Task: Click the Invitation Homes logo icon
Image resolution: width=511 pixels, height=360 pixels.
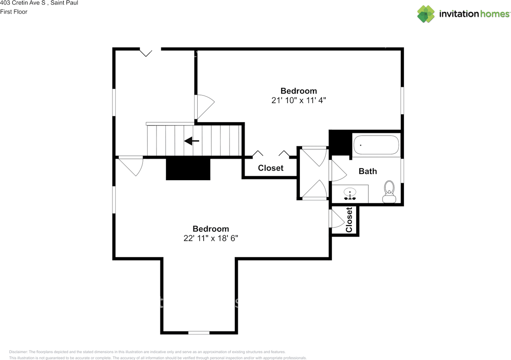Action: tap(426, 14)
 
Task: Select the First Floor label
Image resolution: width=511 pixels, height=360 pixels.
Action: tap(14, 12)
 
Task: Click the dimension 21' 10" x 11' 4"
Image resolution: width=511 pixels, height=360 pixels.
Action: tap(299, 100)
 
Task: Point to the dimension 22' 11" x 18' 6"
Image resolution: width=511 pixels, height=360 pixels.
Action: tap(211, 238)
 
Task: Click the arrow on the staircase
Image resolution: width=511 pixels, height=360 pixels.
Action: tap(192, 141)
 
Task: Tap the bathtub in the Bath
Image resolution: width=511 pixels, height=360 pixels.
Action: tap(376, 145)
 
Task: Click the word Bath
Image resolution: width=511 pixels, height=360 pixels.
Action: tap(368, 171)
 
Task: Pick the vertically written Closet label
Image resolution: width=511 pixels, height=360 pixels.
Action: tap(349, 220)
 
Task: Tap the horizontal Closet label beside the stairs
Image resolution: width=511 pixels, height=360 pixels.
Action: tap(271, 168)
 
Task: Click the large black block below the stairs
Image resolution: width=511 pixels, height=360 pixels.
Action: tap(188, 169)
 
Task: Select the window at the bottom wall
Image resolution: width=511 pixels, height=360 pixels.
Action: tap(199, 332)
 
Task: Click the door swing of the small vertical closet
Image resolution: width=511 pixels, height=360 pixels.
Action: tap(336, 219)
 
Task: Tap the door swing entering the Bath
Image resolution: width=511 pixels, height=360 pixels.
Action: tap(337, 171)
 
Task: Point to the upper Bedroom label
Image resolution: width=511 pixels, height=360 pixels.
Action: tap(299, 91)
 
